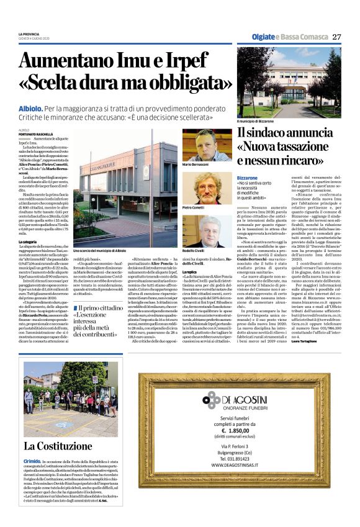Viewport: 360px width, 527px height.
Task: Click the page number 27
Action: click(336, 37)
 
